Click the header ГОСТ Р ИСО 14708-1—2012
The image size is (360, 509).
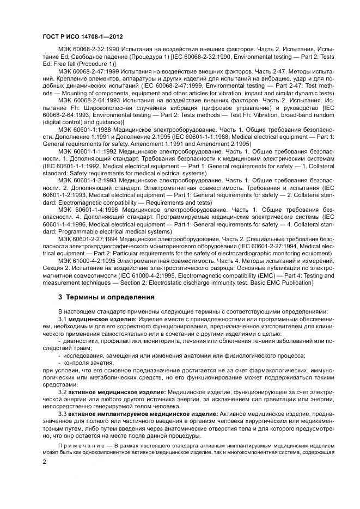pyautogui.click(x=75, y=36)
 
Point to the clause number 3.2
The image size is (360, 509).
pyautogui.click(x=62, y=391)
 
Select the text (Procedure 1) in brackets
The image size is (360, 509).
pyautogui.click(x=97, y=64)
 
